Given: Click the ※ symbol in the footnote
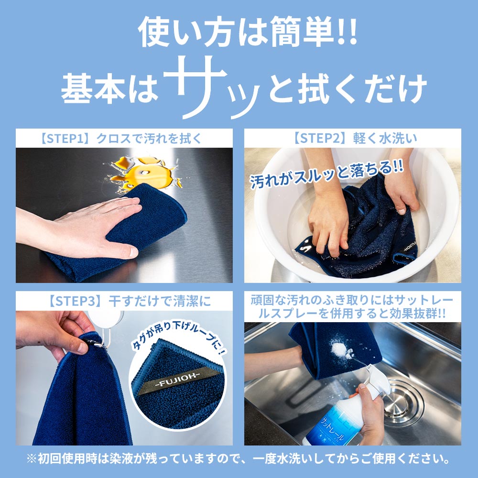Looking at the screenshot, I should click(x=32, y=460).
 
